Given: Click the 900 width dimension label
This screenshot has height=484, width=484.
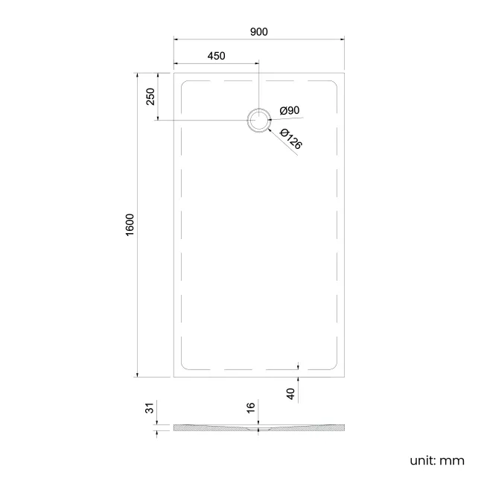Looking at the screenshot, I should tap(258, 31).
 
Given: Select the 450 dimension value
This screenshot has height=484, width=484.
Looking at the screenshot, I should tap(216, 57).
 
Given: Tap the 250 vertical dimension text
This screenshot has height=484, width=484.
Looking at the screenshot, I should tap(150, 97).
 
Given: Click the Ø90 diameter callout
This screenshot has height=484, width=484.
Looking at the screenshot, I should tap(289, 111).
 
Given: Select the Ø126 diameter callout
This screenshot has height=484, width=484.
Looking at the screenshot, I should tap(291, 139).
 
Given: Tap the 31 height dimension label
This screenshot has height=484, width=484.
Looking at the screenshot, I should tap(149, 407).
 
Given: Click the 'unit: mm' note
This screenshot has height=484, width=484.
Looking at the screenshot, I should tap(436, 460).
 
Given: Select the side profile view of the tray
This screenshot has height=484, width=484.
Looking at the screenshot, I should tap(258, 427).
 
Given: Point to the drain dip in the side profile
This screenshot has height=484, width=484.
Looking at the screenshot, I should tap(258, 430).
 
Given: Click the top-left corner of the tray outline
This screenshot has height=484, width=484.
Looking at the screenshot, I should tap(174, 73).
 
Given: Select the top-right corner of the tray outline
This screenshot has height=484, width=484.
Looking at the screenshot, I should tap(343, 73).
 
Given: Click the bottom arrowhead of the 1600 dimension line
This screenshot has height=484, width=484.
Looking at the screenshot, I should tap(137, 375).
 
